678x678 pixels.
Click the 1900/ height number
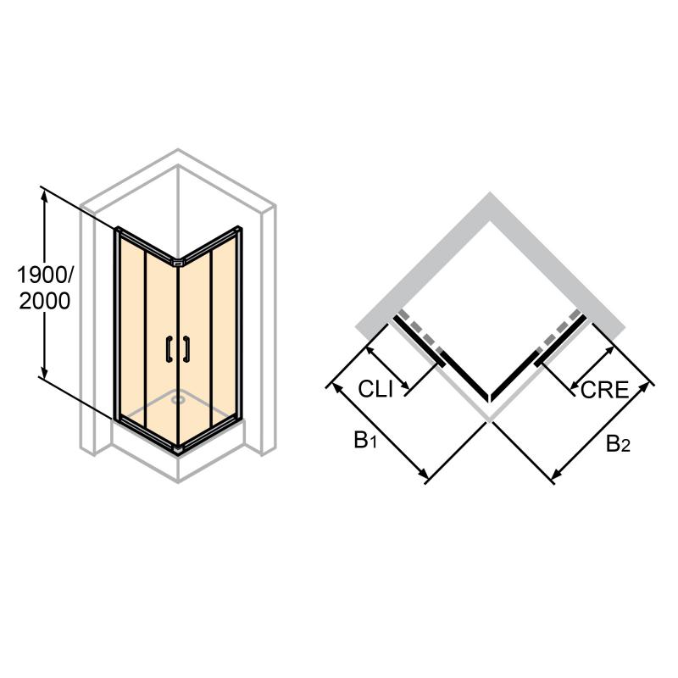click(46, 275)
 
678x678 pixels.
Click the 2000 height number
click(45, 301)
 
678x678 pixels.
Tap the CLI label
click(375, 389)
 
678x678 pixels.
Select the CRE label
click(604, 390)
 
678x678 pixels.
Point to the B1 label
click(365, 441)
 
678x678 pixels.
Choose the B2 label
click(618, 443)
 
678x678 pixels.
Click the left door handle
click(169, 348)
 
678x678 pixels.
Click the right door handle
click(186, 348)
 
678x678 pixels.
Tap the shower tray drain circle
click(176, 399)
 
